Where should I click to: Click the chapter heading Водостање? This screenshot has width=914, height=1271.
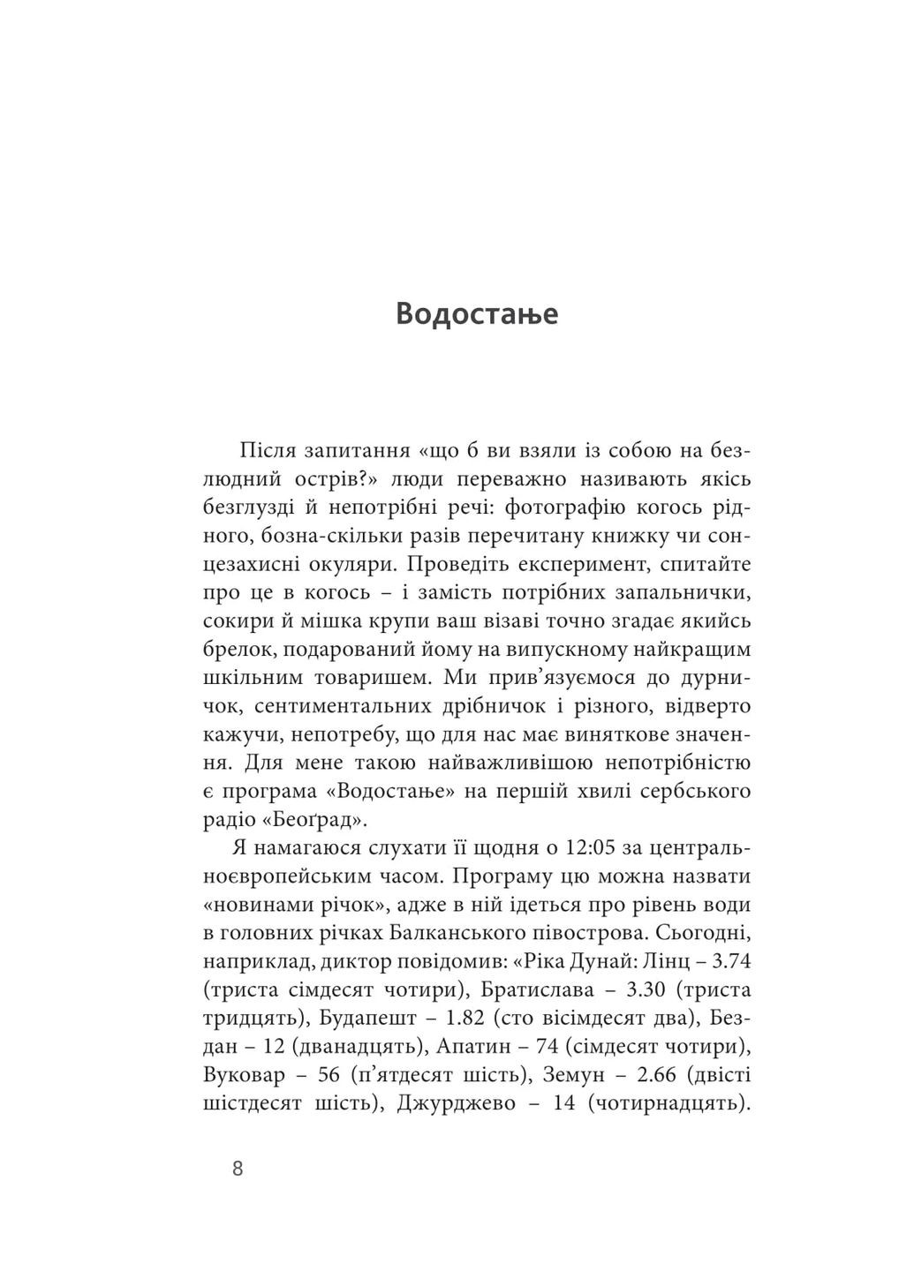(x=477, y=313)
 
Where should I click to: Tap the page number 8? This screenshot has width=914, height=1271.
(x=238, y=1169)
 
